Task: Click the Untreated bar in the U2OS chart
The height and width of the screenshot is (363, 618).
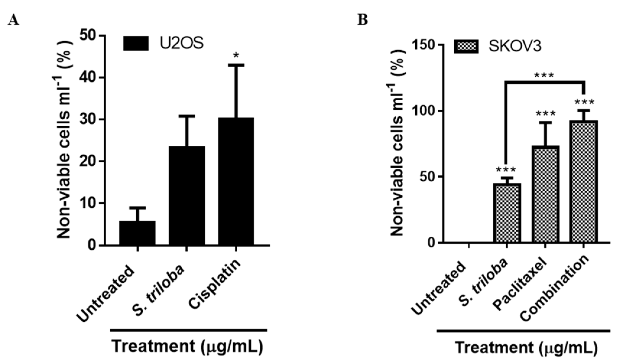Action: click(137, 233)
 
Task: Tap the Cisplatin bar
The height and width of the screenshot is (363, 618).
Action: click(236, 181)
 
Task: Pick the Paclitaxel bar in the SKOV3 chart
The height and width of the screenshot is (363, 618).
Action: click(545, 195)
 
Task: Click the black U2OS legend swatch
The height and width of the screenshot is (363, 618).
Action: click(136, 44)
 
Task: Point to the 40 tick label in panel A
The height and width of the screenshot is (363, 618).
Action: click(88, 78)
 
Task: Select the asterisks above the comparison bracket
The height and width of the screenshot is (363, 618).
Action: click(544, 75)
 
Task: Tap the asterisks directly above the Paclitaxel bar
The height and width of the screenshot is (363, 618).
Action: click(546, 114)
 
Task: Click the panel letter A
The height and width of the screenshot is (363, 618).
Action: click(14, 20)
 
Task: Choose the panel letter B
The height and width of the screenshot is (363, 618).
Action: click(363, 20)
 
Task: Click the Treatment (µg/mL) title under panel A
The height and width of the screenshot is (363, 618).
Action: click(188, 347)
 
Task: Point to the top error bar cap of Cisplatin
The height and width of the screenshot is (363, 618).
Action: click(236, 65)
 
